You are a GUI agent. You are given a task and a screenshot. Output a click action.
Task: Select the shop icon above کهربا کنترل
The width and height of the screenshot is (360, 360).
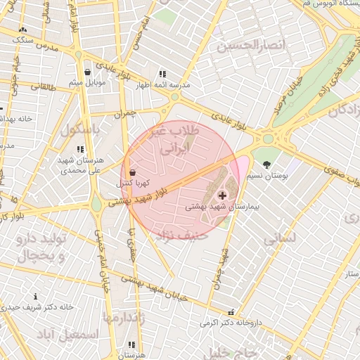133,172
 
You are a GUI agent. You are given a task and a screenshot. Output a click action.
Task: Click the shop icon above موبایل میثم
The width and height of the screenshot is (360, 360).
87,72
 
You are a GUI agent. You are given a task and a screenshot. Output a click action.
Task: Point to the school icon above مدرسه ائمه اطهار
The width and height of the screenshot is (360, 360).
162,74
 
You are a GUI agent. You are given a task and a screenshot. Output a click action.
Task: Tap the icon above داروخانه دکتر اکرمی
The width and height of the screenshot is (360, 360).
231,312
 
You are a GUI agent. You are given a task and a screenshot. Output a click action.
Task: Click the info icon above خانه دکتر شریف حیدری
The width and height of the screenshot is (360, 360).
36,297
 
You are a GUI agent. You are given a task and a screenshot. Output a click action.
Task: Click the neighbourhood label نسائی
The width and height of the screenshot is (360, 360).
281,239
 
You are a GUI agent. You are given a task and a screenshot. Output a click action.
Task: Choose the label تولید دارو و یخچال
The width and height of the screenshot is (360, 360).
39,247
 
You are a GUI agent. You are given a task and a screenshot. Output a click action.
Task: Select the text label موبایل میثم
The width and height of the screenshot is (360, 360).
87,83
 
